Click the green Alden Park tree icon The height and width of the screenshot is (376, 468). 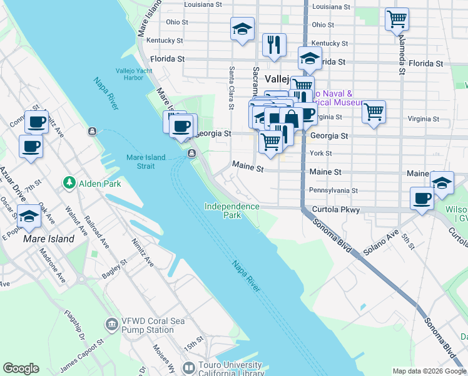(x=68, y=182)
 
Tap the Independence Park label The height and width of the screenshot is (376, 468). (x=231, y=211)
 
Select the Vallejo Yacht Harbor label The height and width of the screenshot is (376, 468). (x=133, y=74)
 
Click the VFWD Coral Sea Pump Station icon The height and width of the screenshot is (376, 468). (x=112, y=323)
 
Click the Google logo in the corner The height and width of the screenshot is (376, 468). (x=21, y=368)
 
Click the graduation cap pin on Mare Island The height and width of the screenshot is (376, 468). (x=29, y=216)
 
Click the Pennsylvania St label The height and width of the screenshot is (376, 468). (x=333, y=191)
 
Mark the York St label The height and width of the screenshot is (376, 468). (x=320, y=154)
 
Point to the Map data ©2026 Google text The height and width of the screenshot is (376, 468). (x=429, y=371)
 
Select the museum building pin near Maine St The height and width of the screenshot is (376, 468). (x=442, y=182)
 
